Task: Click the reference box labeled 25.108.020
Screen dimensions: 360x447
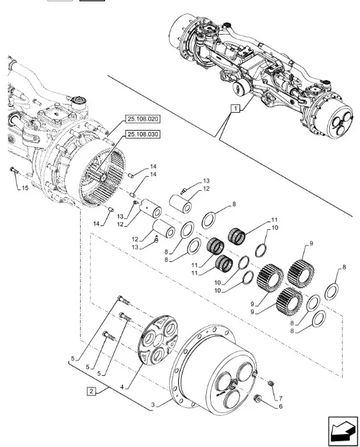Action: pyautogui.click(x=143, y=119)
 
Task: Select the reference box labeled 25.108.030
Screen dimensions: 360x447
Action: pyautogui.click(x=143, y=134)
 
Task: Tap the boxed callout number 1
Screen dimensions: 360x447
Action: pyautogui.click(x=235, y=108)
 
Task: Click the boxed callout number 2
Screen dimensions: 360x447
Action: pyautogui.click(x=91, y=391)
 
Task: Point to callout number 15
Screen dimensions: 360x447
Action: pyautogui.click(x=25, y=188)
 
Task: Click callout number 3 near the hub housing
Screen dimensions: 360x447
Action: pyautogui.click(x=153, y=405)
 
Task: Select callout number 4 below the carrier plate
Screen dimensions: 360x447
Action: pyautogui.click(x=122, y=387)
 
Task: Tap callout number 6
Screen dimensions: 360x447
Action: pyautogui.click(x=281, y=406)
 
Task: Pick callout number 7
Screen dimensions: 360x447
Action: pyautogui.click(x=281, y=398)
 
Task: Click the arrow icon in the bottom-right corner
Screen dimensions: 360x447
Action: pyautogui.click(x=343, y=431)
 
